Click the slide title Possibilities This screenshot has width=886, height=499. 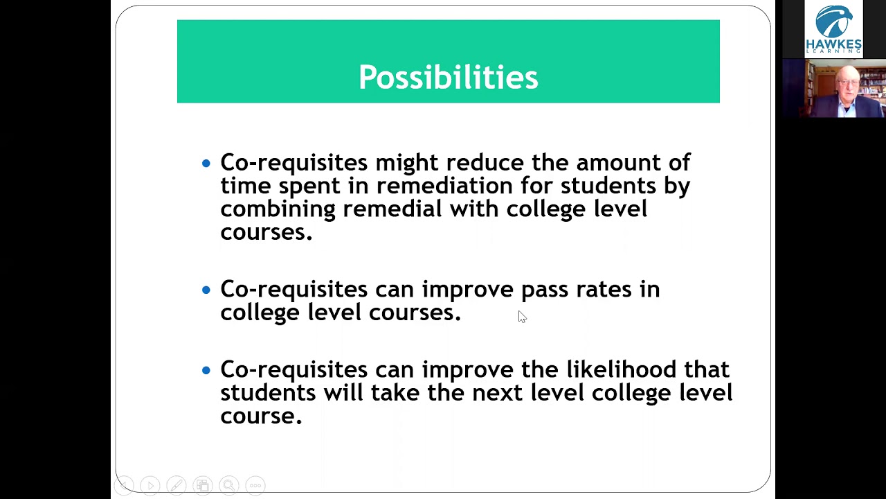click(x=448, y=77)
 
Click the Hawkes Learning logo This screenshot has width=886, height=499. click(x=833, y=29)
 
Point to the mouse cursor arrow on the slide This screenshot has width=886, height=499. click(x=522, y=317)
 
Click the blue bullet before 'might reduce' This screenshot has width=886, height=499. click(x=206, y=164)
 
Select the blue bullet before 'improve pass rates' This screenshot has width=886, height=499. click(x=206, y=290)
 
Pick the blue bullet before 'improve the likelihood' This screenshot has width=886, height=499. click(x=206, y=370)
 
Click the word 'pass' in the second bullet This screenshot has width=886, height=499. click(x=545, y=290)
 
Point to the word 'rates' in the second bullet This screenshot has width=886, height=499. click(x=604, y=290)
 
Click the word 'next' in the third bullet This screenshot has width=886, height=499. click(x=498, y=393)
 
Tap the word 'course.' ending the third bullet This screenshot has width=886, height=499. click(x=261, y=416)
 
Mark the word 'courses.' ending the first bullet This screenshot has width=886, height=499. click(x=266, y=232)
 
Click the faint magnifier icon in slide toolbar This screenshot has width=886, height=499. click(x=229, y=485)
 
